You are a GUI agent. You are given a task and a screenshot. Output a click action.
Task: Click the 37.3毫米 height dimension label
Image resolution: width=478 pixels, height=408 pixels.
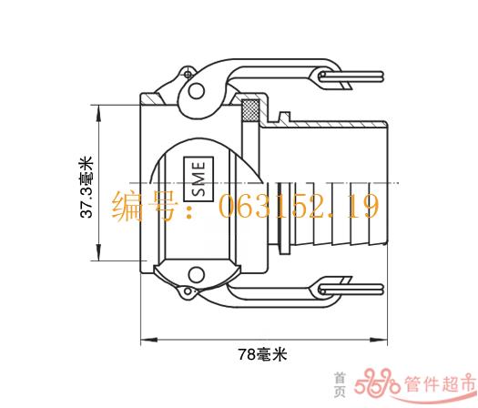86,188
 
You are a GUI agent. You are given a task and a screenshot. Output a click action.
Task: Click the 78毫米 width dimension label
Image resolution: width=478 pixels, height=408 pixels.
262,354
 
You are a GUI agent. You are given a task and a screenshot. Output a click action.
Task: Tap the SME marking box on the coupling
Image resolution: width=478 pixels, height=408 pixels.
198,179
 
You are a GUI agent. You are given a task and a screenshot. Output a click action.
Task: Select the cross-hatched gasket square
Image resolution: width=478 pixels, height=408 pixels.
250,110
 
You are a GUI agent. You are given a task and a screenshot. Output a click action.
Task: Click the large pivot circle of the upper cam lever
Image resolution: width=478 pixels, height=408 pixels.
196,90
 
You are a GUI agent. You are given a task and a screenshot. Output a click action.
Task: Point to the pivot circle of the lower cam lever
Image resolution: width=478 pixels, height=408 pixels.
196,274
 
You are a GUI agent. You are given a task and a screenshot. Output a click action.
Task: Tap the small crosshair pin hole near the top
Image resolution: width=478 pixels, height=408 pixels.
188,75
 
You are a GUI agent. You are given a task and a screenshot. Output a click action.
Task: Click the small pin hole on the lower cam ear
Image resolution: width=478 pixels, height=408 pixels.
188,291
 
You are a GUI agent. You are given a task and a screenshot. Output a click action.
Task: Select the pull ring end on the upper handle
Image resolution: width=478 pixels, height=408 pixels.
351,76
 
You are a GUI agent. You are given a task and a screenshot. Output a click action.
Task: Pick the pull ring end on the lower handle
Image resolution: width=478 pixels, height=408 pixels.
351,290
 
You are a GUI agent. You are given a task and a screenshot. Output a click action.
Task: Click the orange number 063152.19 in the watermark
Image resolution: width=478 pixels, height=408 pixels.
299,206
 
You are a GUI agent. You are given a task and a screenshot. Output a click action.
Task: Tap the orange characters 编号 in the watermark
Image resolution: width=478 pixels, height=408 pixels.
144,206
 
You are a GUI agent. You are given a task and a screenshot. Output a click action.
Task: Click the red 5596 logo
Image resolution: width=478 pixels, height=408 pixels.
377,382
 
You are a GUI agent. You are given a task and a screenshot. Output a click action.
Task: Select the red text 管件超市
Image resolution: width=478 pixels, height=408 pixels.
440,383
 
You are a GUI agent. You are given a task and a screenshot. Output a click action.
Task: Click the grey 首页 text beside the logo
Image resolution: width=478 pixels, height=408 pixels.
340,385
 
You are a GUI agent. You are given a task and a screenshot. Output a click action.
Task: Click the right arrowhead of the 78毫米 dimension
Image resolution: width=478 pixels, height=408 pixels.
379,340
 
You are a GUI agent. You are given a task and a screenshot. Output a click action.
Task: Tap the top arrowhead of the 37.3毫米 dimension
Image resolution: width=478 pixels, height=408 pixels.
98,114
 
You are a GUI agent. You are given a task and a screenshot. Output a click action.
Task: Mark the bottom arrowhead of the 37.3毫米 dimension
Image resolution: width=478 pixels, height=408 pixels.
98,252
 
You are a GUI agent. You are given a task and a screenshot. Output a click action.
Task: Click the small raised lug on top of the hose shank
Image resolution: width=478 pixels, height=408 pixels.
284,117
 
